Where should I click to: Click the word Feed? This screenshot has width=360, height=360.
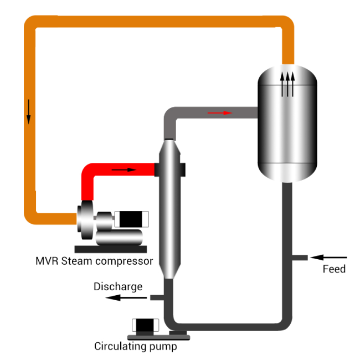(334, 269)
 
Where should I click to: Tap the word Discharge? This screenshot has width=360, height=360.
(118, 287)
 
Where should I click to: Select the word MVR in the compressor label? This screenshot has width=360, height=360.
(47, 261)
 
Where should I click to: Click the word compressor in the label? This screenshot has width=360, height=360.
(124, 262)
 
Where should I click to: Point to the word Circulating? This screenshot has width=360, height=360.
(120, 347)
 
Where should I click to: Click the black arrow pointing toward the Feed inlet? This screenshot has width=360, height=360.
(328, 258)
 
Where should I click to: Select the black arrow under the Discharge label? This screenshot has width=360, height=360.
(126, 298)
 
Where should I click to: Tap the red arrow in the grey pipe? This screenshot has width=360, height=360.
(220, 113)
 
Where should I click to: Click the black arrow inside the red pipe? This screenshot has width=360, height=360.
(124, 169)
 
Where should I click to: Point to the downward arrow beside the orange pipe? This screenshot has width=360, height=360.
(28, 112)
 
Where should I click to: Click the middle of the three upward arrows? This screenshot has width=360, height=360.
(287, 84)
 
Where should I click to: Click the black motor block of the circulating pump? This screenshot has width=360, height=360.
(145, 325)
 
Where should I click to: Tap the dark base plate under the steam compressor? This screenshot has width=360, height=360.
(111, 249)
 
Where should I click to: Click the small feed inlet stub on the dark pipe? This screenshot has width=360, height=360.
(300, 258)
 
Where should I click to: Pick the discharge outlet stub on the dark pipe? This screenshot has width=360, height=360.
(157, 298)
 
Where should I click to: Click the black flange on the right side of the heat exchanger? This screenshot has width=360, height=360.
(183, 170)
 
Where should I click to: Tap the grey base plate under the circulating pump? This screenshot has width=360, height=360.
(158, 337)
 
